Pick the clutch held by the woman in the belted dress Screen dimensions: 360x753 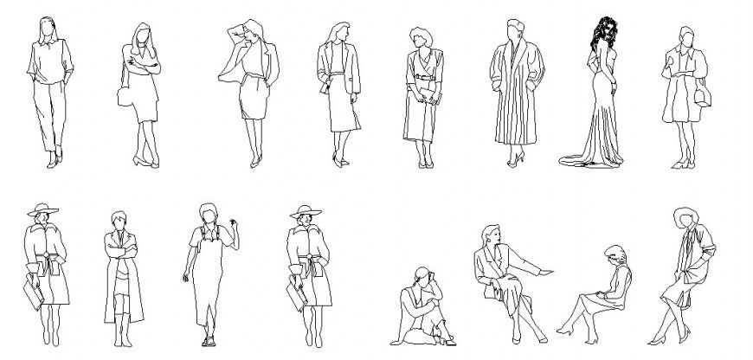[x=431, y=97]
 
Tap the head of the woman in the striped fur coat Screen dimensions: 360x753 [x=513, y=29]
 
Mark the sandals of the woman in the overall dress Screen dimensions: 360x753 [x=208, y=340]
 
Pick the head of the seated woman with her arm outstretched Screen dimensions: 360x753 [x=492, y=234]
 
